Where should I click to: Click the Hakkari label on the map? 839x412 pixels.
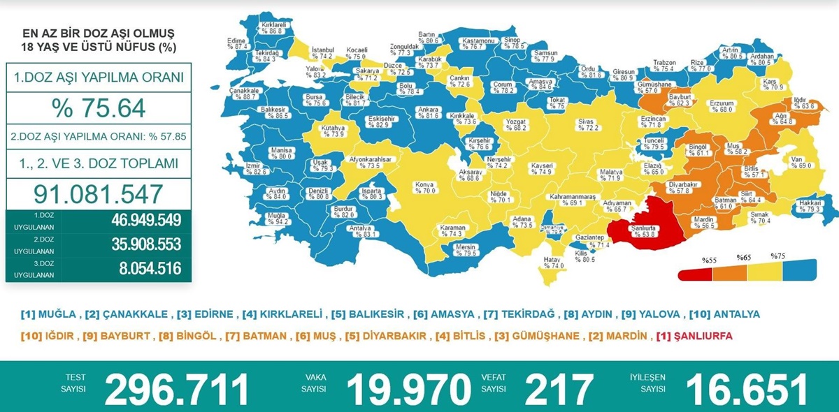(810, 203)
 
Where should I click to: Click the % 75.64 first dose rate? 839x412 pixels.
(99, 108)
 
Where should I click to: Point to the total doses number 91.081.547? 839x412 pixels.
(99, 193)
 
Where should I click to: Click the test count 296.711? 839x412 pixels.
(177, 389)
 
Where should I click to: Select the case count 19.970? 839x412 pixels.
(409, 389)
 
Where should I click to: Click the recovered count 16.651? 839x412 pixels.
(747, 389)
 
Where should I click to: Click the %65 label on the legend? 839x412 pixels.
(743, 258)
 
